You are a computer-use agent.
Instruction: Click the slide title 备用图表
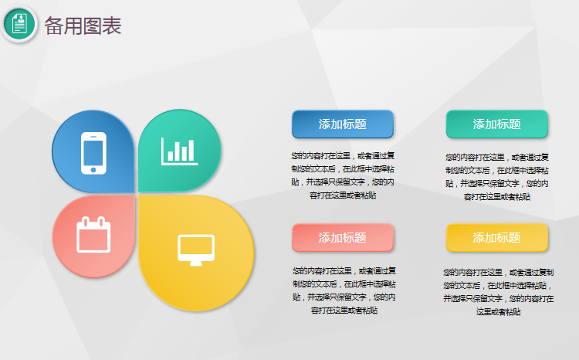coord(83,25)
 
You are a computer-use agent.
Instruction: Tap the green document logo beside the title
coord(19,24)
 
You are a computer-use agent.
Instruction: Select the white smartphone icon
coord(93,153)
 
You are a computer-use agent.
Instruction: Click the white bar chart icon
coord(179,151)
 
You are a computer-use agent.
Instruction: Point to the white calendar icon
coord(93,235)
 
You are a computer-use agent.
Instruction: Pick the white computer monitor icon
coord(196,250)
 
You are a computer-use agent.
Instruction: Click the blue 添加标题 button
coord(343,124)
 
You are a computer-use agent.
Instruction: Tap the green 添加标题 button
coord(496,124)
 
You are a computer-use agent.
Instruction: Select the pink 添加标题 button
coord(343,238)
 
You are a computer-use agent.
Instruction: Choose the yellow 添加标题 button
coord(496,238)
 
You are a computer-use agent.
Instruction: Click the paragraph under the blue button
coord(343,175)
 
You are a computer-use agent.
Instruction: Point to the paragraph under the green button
coord(496,177)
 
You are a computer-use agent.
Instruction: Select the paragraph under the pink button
coord(344,290)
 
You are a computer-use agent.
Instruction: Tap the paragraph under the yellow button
coord(498,292)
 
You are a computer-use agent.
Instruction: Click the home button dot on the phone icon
coord(93,170)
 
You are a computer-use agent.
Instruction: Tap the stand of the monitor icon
coord(196,263)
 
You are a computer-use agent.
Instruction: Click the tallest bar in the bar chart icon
coord(191,150)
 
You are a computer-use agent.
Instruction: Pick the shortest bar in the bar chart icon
coord(171,155)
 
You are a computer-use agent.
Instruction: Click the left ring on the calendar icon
coord(85,222)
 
